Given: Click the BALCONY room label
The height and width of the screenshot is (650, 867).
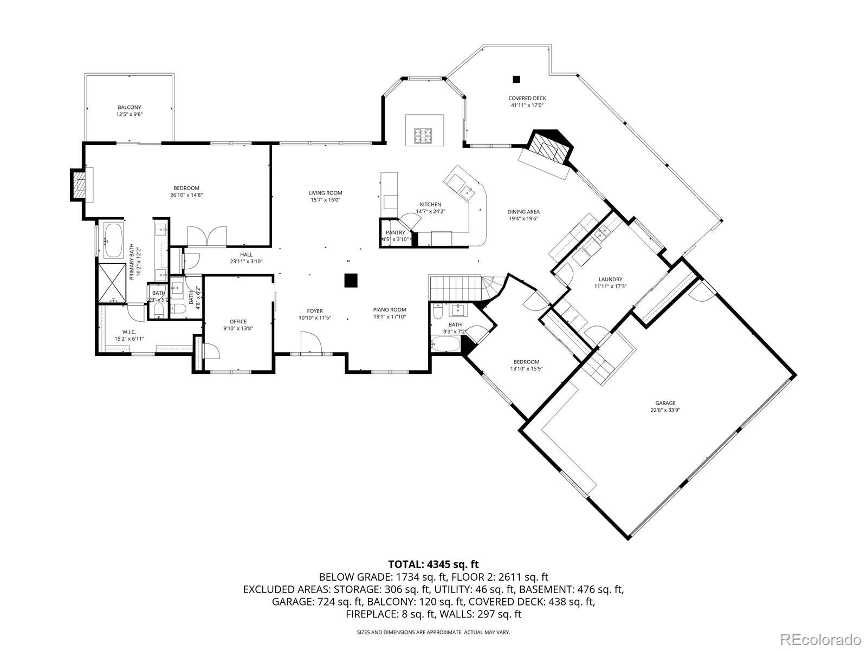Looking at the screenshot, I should pos(130,107).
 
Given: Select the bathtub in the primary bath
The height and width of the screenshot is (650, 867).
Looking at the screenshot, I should pos(113,240).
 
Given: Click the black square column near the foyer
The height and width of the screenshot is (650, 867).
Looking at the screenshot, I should pos(351,280).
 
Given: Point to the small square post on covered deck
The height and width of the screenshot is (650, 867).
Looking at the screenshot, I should pos(516,79).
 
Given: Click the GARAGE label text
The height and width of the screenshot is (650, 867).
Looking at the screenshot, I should pos(665,403).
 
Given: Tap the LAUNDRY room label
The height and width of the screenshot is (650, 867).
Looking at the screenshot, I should pos(610,279).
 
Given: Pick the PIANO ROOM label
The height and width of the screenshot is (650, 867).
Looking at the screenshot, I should pos(389,310).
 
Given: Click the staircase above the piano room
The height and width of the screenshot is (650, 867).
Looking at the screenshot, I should pos(455,287).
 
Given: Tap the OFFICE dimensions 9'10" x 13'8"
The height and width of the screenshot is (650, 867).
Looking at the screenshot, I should pos(238,328).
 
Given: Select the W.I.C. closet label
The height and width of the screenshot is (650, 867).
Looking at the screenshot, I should pos(129,332).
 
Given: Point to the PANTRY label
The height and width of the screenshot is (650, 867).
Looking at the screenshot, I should pos(395,232).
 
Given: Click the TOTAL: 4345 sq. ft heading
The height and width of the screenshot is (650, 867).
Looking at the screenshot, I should pos(433,564).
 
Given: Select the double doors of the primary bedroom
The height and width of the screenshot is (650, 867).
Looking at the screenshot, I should pos(206,236).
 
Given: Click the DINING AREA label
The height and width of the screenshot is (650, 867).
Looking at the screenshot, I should pos(523,212).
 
